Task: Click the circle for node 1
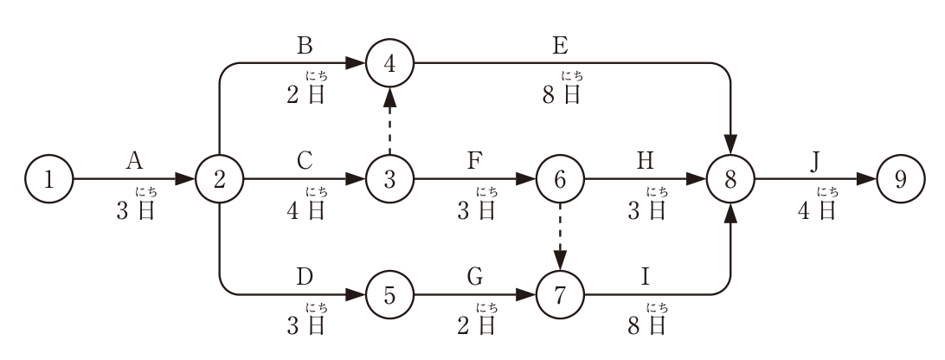click(48, 179)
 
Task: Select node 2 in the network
click(220, 179)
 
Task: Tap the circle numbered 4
click(390, 62)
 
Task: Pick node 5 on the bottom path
click(390, 295)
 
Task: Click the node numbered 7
click(560, 295)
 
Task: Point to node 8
click(730, 179)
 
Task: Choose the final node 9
click(900, 179)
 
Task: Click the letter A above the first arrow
click(134, 161)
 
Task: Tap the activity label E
click(560, 45)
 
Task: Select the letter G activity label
click(475, 278)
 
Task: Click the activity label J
click(815, 162)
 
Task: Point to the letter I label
click(645, 278)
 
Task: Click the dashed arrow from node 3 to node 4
click(390, 121)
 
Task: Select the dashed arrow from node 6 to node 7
click(560, 237)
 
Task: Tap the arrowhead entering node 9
click(866, 179)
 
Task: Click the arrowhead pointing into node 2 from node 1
click(185, 179)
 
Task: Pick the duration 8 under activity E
click(549, 95)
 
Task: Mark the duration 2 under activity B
click(293, 95)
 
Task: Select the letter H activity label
click(645, 161)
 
